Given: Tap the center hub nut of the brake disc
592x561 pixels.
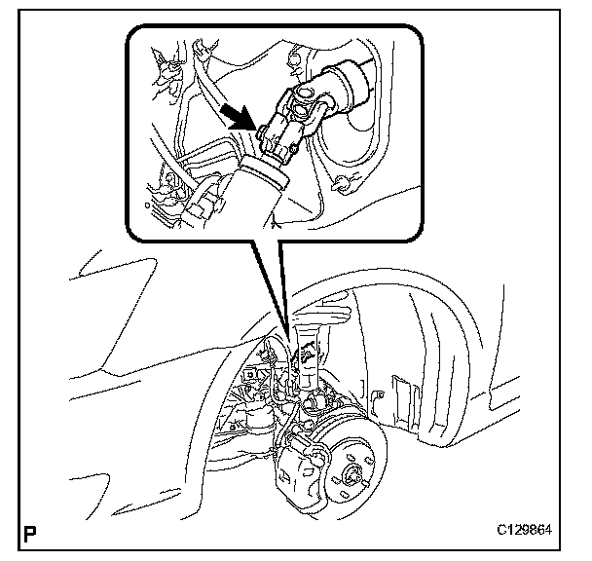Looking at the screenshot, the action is pos(348,476).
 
